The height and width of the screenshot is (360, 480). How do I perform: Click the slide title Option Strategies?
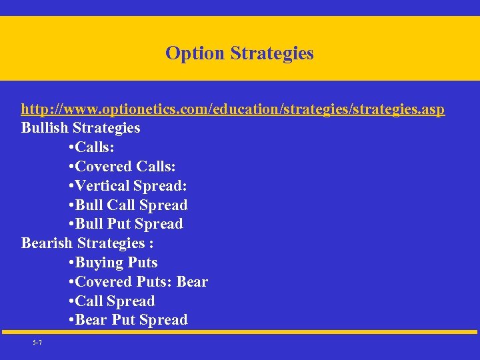point(239,53)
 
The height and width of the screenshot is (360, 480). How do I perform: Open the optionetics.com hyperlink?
point(233,109)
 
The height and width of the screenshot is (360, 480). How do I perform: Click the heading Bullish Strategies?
point(81,127)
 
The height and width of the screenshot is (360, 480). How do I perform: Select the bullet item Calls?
point(93,147)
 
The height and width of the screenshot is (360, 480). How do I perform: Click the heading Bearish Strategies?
point(87,243)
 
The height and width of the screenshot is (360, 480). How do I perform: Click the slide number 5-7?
point(37,343)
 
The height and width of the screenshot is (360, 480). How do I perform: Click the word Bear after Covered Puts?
point(192,282)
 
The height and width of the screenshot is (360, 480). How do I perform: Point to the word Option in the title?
point(195,53)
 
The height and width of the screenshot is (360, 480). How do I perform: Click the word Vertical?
point(103,185)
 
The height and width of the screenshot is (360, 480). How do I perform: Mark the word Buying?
point(100,263)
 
